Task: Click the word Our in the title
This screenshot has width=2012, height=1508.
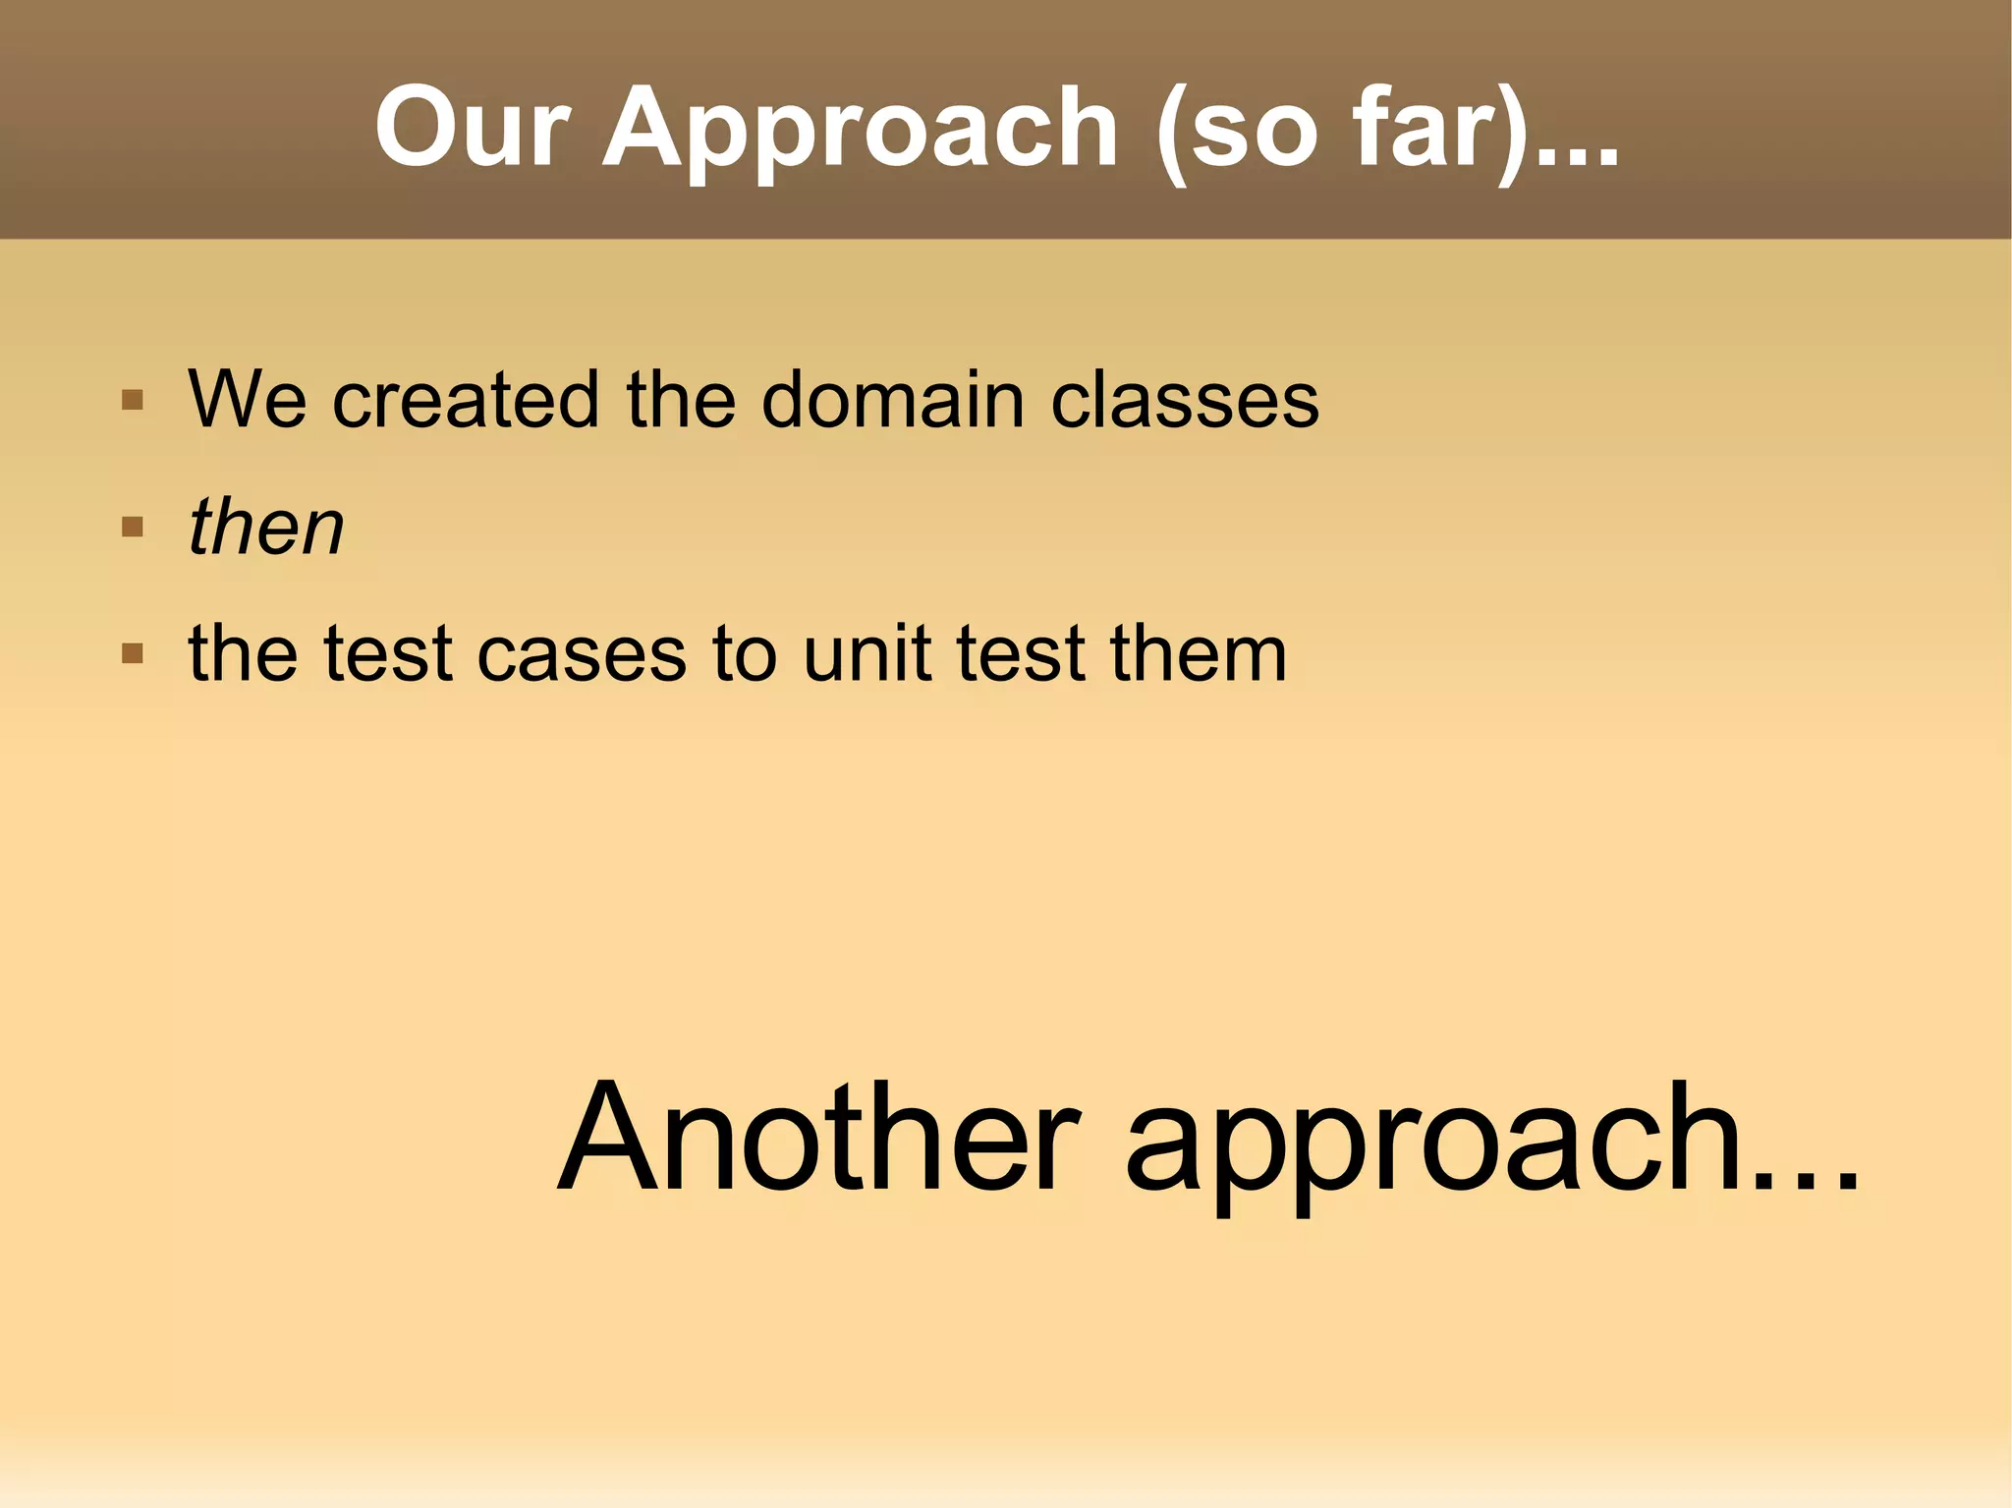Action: (472, 128)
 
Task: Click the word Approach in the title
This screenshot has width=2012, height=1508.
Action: (861, 130)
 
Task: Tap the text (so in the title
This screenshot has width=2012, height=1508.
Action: (1238, 130)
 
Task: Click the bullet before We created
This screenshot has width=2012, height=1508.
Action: (133, 401)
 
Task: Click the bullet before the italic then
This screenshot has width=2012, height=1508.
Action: (133, 528)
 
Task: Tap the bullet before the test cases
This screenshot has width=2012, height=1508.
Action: (133, 654)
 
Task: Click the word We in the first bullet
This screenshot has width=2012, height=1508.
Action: (248, 400)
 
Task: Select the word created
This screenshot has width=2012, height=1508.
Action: (466, 400)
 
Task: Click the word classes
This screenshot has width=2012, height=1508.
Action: (1185, 400)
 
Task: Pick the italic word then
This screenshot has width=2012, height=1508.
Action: (266, 527)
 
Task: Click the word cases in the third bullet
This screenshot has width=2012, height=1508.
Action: (582, 654)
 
